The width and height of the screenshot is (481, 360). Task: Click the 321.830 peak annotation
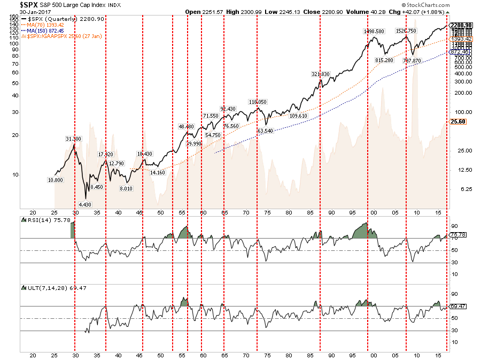click(321, 74)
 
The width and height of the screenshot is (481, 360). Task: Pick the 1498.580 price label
click(374, 32)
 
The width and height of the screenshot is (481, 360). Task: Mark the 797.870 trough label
click(413, 61)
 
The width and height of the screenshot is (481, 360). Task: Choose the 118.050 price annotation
click(258, 102)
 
